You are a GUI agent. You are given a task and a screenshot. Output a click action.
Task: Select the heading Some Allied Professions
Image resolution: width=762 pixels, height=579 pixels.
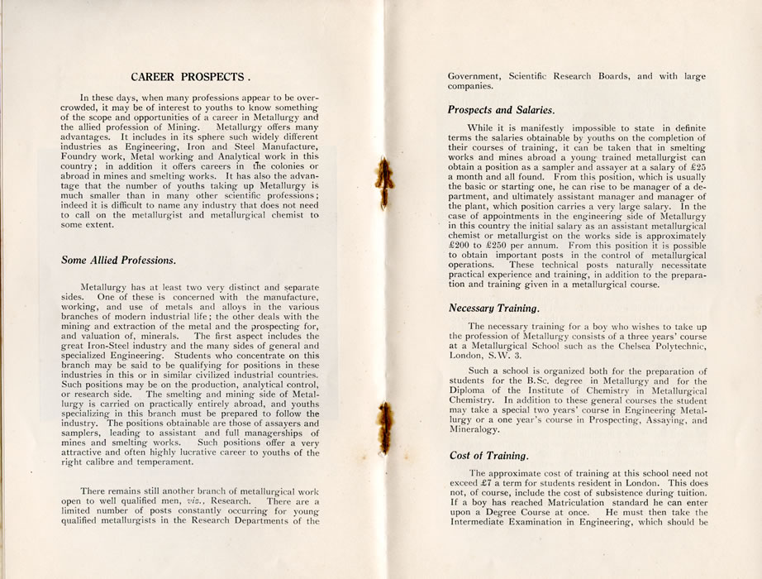pyautogui.click(x=118, y=260)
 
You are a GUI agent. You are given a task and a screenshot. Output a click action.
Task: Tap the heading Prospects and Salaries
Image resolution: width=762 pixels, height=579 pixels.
pyautogui.click(x=501, y=109)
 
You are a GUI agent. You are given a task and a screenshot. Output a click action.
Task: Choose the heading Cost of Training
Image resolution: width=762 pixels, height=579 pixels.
pyautogui.click(x=488, y=455)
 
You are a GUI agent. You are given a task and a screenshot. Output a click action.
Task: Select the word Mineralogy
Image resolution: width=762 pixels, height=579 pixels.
pyautogui.click(x=474, y=429)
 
